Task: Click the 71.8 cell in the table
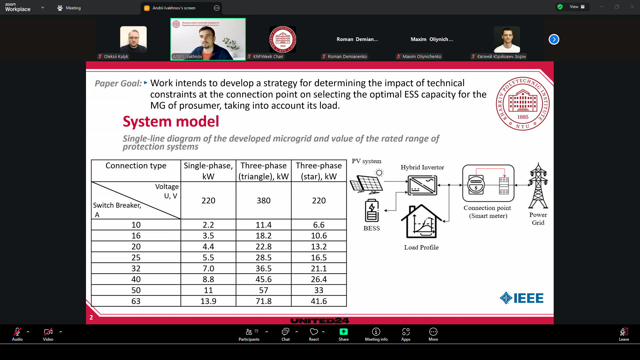pyautogui.click(x=263, y=301)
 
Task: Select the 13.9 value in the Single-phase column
pyautogui.click(x=208, y=301)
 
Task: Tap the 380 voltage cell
pyautogui.click(x=263, y=200)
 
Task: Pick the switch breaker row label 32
pyautogui.click(x=136, y=268)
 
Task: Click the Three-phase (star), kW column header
pyautogui.click(x=319, y=171)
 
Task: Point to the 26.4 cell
pyautogui.click(x=319, y=279)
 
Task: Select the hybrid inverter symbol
pyautogui.click(x=422, y=185)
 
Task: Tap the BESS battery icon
pyautogui.click(x=372, y=211)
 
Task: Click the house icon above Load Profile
pyautogui.click(x=421, y=222)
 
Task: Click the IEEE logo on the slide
pyautogui.click(x=522, y=298)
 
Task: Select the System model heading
pyautogui.click(x=171, y=121)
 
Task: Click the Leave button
pyautogui.click(x=624, y=334)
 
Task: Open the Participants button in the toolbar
pyautogui.click(x=249, y=334)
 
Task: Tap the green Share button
pyautogui.click(x=344, y=334)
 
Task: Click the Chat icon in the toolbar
pyautogui.click(x=286, y=334)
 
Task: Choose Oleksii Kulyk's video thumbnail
pyautogui.click(x=133, y=40)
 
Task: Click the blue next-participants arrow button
pyautogui.click(x=554, y=39)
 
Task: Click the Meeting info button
pyautogui.click(x=376, y=334)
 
